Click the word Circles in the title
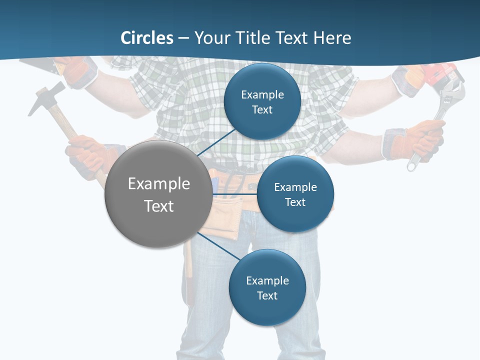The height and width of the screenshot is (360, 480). [x=147, y=38]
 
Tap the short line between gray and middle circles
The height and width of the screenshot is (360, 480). [x=234, y=194]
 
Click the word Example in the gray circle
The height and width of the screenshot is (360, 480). [x=159, y=184]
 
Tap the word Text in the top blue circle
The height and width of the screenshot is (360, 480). [x=262, y=110]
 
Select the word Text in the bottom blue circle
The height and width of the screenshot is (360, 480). [x=267, y=295]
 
